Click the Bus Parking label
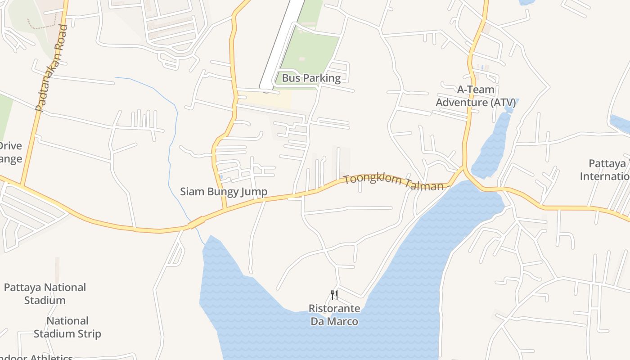click(x=311, y=78)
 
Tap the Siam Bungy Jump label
click(x=224, y=192)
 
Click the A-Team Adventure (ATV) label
click(x=476, y=96)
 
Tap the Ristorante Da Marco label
click(x=334, y=315)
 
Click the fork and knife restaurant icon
click(x=334, y=295)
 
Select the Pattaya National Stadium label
click(x=45, y=293)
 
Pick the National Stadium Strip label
click(x=67, y=327)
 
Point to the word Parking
click(x=321, y=78)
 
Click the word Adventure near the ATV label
click(x=461, y=103)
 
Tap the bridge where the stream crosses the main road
click(x=196, y=222)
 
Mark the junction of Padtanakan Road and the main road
click(x=21, y=184)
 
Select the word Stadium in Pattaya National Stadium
click(x=45, y=300)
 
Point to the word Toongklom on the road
click(x=368, y=180)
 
